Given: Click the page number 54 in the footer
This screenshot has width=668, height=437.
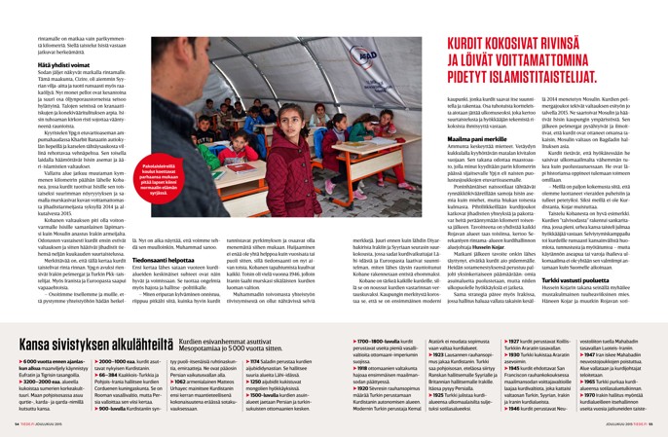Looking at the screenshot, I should [x=17, y=426].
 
